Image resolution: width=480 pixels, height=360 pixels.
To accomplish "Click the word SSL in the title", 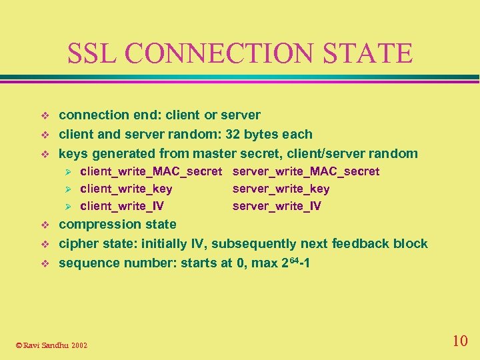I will point(89,53).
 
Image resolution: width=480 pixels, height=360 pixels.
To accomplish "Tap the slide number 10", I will point(460,341).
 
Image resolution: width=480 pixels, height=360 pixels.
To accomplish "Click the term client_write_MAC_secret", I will point(151,171).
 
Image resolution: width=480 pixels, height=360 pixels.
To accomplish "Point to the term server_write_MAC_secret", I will point(306,171).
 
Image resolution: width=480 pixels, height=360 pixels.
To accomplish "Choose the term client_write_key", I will point(126,189).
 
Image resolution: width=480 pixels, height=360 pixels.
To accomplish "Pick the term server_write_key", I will point(281,189).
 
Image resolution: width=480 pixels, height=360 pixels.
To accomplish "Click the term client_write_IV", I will point(122,206).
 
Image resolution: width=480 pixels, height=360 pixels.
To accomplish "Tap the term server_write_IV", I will point(277,206).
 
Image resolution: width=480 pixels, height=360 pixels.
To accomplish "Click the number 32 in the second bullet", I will point(233,134).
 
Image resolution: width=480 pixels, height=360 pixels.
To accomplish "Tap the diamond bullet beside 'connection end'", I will point(45,115).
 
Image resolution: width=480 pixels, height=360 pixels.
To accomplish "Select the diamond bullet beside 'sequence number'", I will point(45,263).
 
